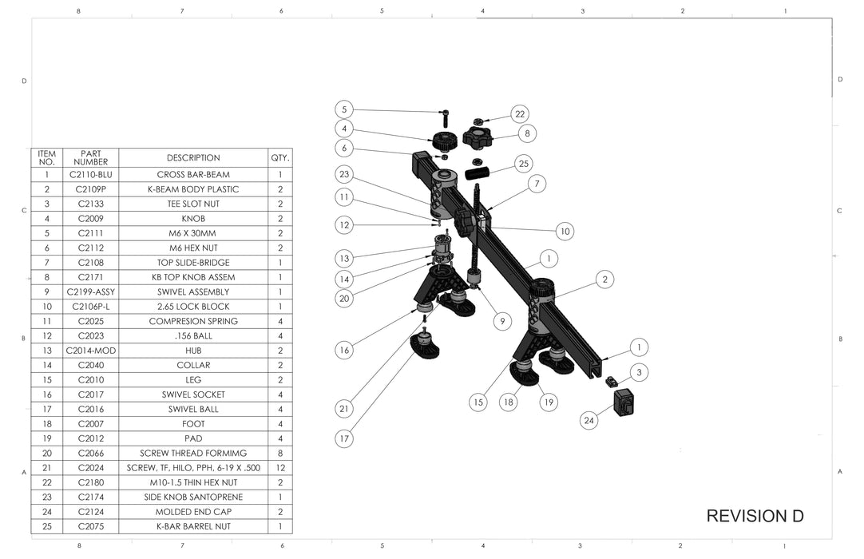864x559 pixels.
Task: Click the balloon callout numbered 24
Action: point(589,420)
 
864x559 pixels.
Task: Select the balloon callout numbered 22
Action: point(520,114)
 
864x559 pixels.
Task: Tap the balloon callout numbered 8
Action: point(527,133)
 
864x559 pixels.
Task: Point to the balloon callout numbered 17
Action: point(344,438)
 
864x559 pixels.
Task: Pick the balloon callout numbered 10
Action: point(565,232)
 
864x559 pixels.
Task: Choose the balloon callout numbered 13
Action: point(344,258)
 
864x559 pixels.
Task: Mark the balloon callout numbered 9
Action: point(502,321)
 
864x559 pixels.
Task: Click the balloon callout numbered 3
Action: point(639,372)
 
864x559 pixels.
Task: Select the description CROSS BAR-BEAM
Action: point(193,175)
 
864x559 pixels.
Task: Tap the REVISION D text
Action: point(755,516)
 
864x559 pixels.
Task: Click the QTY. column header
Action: point(280,158)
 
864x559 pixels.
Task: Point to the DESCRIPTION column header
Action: point(193,158)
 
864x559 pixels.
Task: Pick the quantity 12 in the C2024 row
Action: point(280,467)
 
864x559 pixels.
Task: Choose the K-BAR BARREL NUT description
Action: point(193,526)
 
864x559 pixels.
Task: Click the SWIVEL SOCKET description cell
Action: point(193,394)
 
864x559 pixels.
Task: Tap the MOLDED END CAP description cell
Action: point(193,511)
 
